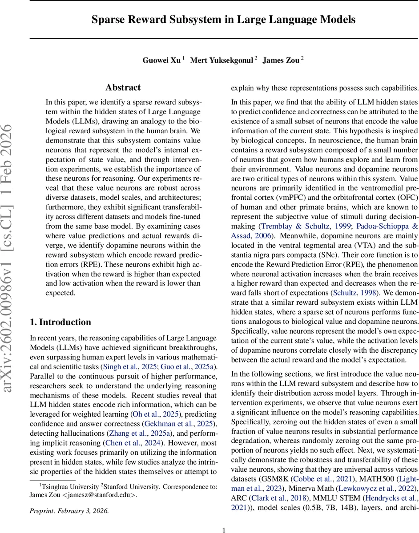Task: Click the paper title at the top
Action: pyautogui.click(x=224, y=20)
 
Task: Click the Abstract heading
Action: pyautogui.click(x=123, y=88)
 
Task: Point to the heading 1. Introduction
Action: pyautogui.click(x=60, y=322)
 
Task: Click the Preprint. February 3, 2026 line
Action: pyautogui.click(x=69, y=511)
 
